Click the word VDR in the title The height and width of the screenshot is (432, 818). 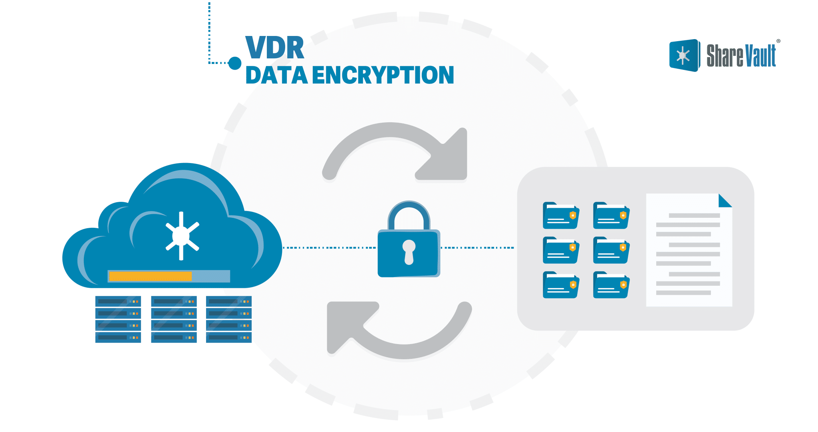[x=274, y=48]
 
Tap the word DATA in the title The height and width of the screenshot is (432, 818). [x=276, y=75]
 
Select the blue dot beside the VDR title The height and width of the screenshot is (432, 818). [x=235, y=63]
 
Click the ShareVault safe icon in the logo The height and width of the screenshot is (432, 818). [x=684, y=56]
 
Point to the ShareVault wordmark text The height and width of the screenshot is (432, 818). [x=741, y=56]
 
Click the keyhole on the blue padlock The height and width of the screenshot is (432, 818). [x=409, y=251]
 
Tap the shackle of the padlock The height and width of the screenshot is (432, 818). [x=409, y=212]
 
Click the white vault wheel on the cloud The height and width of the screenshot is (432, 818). [x=182, y=236]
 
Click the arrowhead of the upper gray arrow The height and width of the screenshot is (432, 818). [x=447, y=158]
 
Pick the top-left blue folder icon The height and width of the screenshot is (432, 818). [x=560, y=215]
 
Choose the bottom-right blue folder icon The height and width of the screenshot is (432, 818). [x=611, y=285]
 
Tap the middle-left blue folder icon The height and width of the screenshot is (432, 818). [x=560, y=250]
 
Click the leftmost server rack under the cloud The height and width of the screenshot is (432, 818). [x=118, y=319]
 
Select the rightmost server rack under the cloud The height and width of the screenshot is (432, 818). [x=228, y=319]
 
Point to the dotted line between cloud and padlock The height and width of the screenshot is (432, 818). [x=330, y=248]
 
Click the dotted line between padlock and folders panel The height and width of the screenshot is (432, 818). [x=477, y=248]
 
